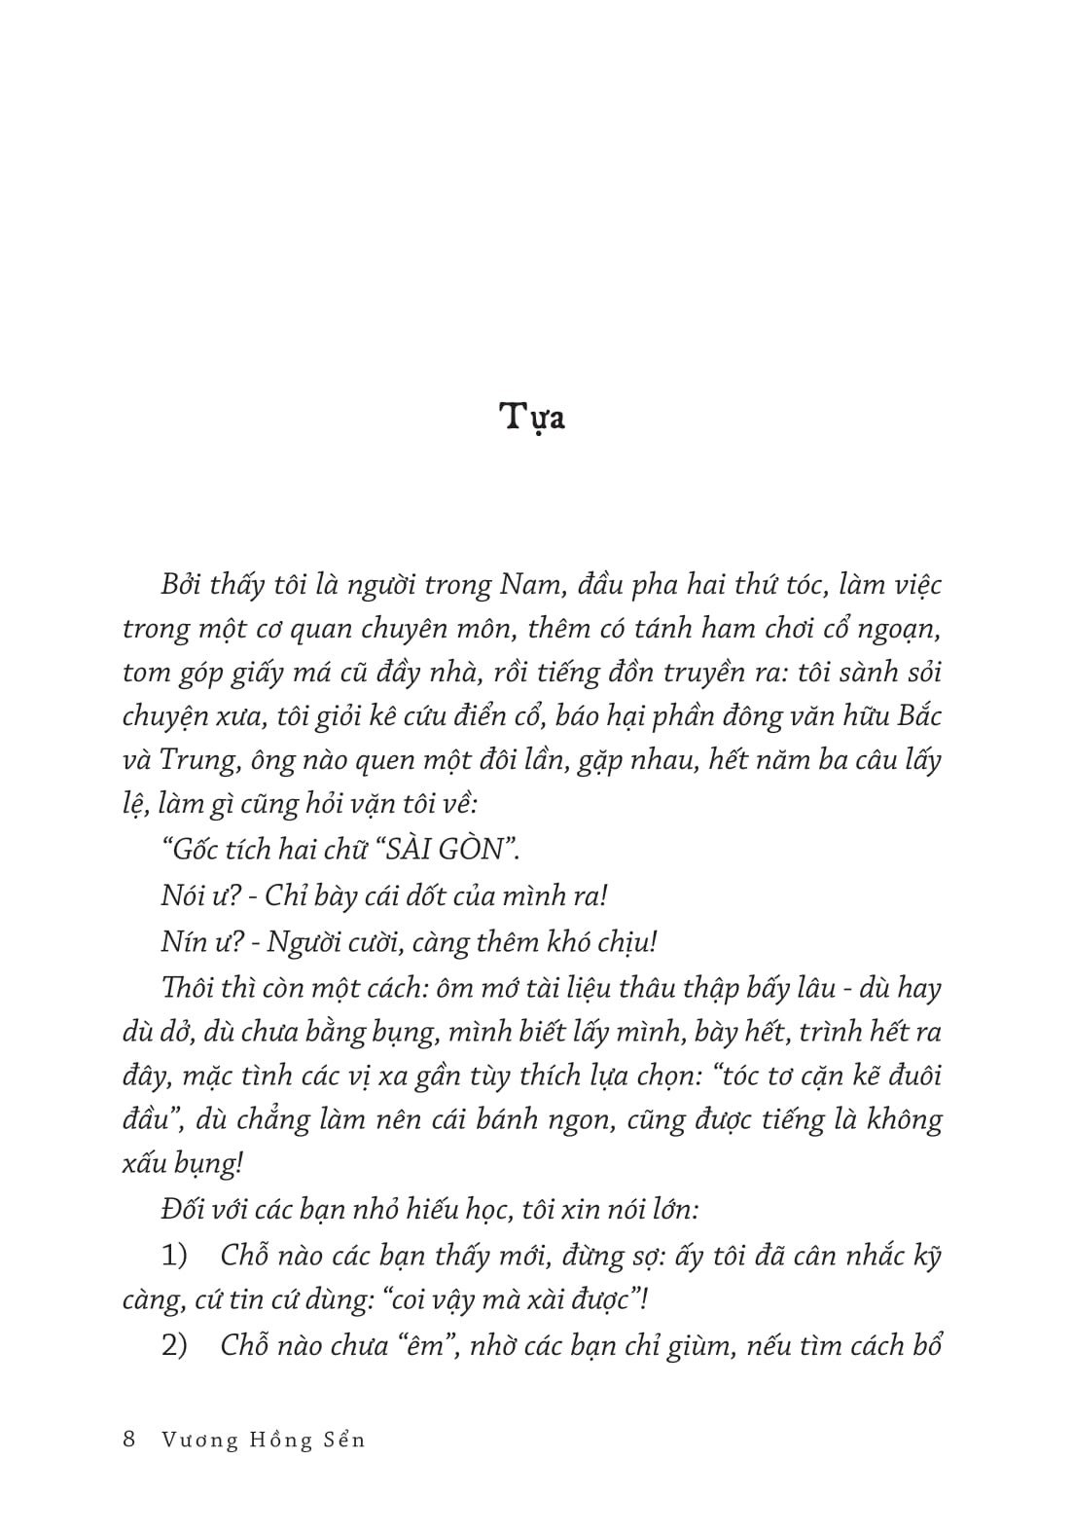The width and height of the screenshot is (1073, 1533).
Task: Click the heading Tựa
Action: coord(533,418)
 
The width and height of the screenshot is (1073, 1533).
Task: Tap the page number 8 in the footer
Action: coord(129,1440)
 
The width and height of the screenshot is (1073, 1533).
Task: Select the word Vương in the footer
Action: coord(199,1440)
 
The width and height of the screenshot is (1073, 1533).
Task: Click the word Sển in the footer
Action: coord(342,1440)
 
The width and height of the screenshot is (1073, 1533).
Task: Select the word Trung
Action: coord(197,760)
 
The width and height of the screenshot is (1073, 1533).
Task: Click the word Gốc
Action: coord(188,849)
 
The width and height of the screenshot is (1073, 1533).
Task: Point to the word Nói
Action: coord(184,894)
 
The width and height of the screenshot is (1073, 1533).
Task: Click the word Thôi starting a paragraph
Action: coord(190,987)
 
